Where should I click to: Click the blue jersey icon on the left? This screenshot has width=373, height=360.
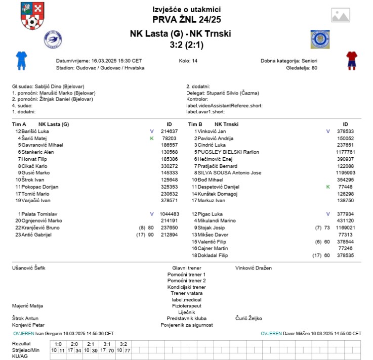(21, 60)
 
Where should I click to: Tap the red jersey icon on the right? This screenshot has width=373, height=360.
(351, 60)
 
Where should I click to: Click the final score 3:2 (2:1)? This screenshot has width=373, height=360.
(186, 45)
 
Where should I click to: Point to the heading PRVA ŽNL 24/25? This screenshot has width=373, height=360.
(186, 20)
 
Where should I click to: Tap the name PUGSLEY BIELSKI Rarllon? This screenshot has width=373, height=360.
(228, 152)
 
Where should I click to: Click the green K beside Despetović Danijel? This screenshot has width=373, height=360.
(328, 187)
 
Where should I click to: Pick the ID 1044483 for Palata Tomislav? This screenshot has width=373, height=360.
(170, 214)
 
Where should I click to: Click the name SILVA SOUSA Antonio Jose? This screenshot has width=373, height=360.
(229, 172)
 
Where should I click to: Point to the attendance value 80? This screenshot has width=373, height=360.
(314, 67)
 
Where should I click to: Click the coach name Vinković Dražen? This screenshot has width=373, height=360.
(254, 267)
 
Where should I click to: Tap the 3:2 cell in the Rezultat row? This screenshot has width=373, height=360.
(123, 343)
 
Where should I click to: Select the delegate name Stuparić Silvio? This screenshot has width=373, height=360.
(223, 93)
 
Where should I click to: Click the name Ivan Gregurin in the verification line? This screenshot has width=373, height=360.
(49, 334)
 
